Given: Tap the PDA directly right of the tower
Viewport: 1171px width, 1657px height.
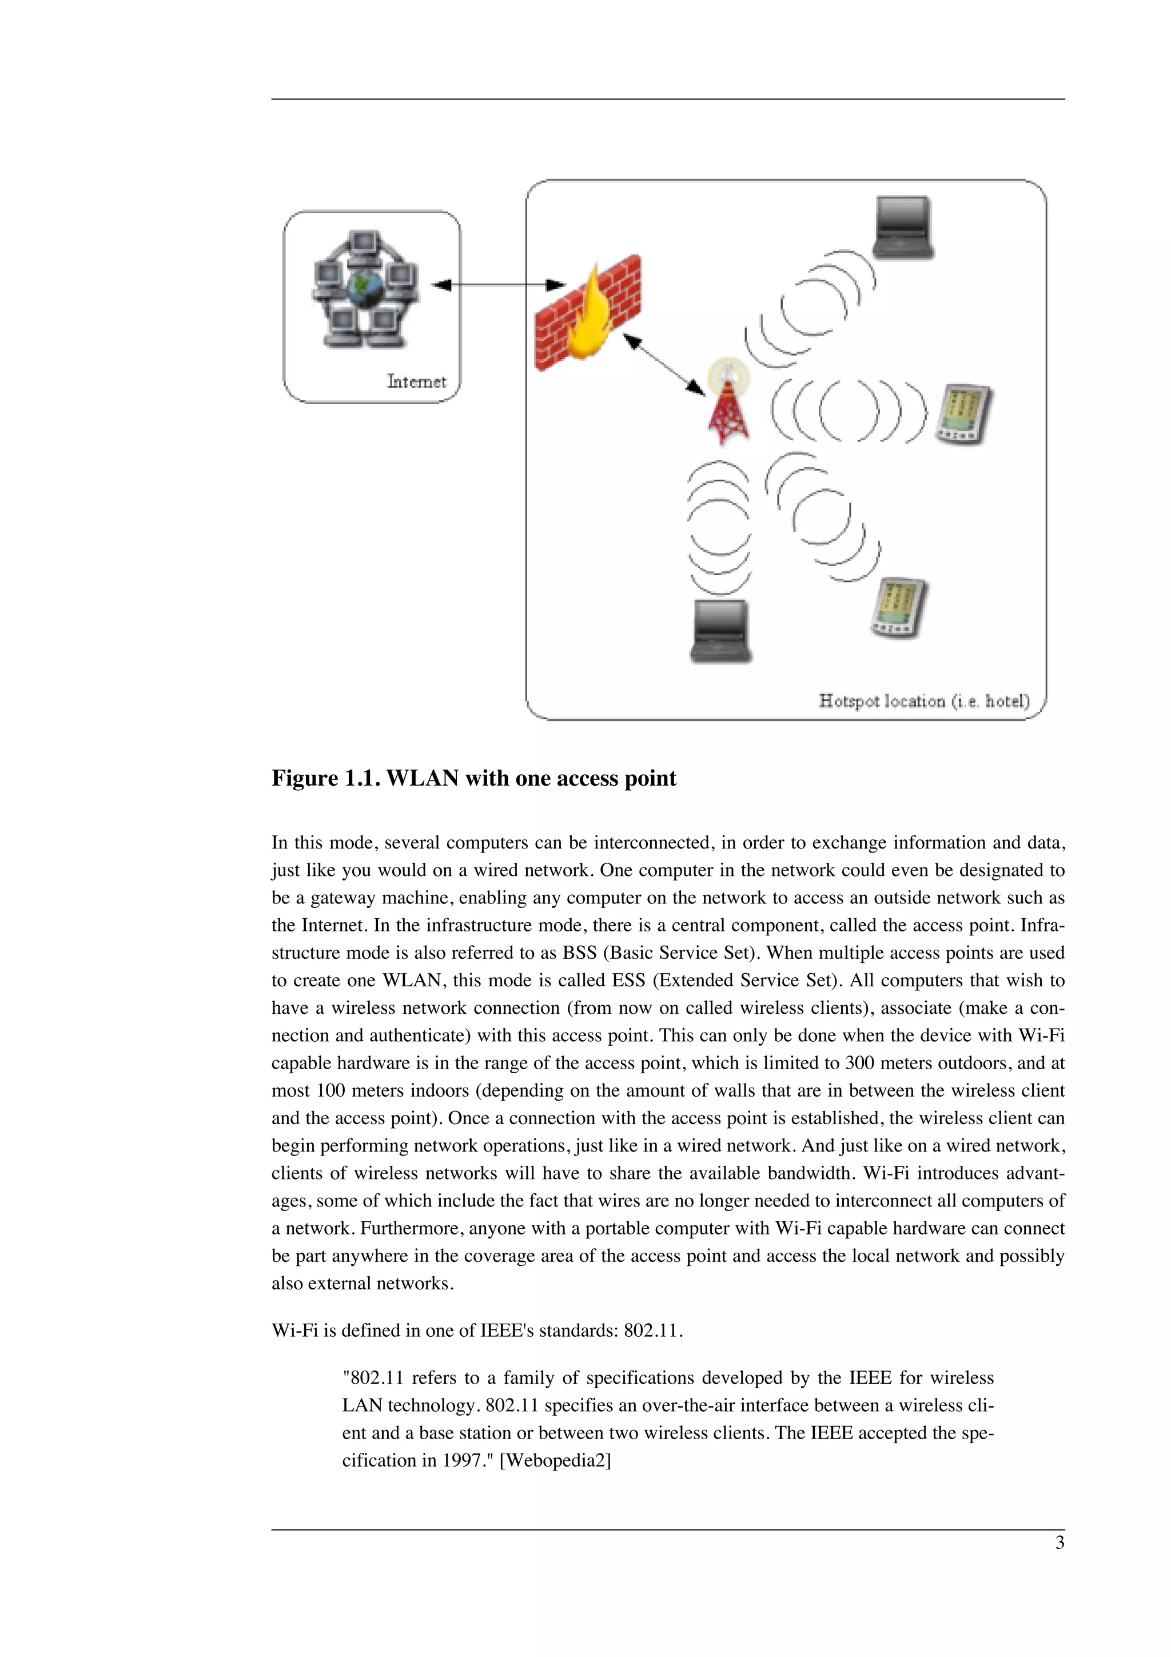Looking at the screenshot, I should point(963,414).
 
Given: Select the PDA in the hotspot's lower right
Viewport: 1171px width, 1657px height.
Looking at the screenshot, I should point(898,607).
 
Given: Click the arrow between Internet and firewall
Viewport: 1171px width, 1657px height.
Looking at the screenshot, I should point(498,285).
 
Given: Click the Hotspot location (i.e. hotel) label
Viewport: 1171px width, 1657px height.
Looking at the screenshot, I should point(923,701).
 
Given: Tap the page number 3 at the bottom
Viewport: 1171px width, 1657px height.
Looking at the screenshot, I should point(1059,1543).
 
